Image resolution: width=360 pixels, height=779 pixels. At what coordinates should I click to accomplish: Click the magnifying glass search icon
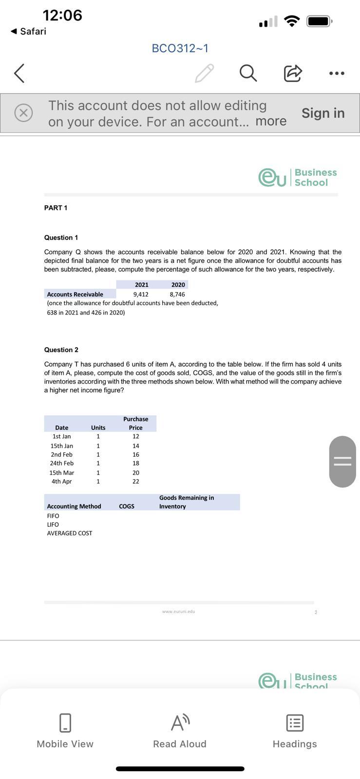tap(247, 73)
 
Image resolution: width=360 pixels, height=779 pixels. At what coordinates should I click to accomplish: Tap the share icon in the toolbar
tap(292, 73)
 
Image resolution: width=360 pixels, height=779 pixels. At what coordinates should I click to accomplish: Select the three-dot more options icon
tap(337, 74)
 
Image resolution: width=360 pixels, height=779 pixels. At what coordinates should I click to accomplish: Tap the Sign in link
tap(323, 113)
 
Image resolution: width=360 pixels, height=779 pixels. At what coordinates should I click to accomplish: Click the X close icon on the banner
tap(23, 113)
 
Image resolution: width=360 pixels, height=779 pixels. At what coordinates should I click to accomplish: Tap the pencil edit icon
tap(204, 73)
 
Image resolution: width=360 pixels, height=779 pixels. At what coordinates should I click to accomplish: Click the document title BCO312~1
tap(180, 48)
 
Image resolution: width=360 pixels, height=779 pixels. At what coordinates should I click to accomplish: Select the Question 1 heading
tap(61, 238)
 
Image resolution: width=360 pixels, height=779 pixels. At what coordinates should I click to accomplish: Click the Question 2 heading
tap(61, 350)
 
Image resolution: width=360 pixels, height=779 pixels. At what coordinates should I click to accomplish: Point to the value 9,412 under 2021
tap(141, 294)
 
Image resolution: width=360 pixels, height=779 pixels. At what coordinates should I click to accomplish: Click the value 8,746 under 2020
tap(177, 294)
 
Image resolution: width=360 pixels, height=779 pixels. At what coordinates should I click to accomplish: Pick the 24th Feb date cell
tap(62, 463)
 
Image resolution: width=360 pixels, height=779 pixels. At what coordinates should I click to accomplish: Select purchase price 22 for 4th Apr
tap(135, 481)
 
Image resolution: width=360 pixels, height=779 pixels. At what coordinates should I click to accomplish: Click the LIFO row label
tap(53, 524)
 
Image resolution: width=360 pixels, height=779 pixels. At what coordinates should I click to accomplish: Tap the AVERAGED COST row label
tap(70, 533)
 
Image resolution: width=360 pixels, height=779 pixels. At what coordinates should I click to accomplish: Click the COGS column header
tap(127, 506)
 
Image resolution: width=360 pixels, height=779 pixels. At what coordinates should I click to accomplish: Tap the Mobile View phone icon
tap(65, 723)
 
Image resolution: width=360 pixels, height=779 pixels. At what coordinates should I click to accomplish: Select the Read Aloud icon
tap(180, 723)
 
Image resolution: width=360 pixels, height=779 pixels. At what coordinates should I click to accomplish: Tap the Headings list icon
tap(295, 723)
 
